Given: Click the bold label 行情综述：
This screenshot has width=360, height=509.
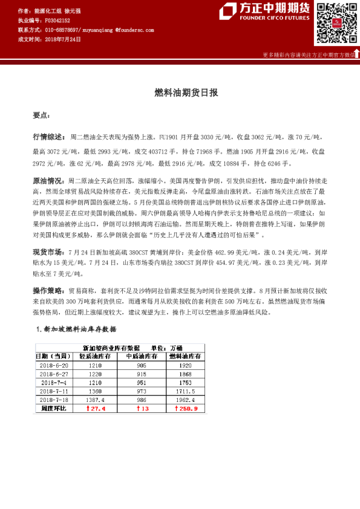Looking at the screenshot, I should tap(50, 137).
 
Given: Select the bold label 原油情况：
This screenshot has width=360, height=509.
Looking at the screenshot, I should tap(50, 180).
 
